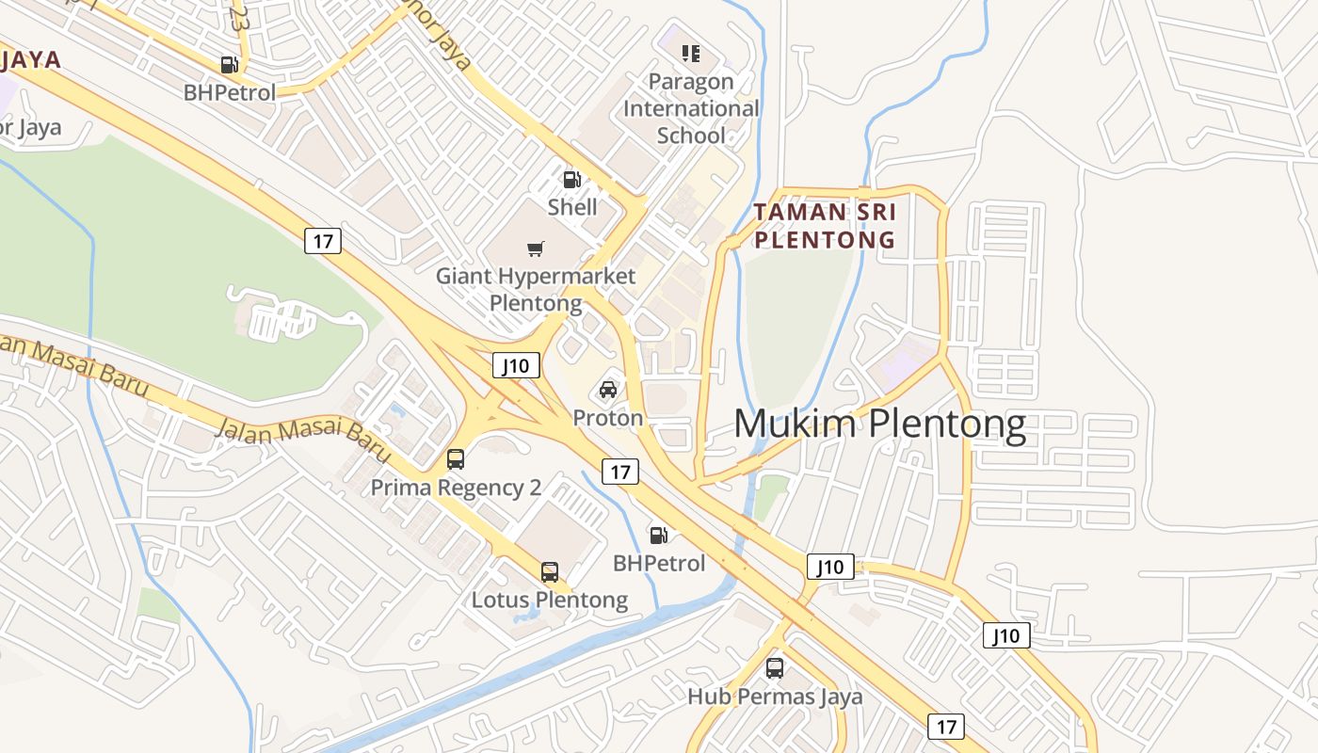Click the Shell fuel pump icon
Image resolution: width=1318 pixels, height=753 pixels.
tap(571, 180)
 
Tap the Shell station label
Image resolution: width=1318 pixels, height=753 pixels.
tap(572, 206)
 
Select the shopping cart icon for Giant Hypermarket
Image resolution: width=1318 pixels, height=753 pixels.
tap(535, 249)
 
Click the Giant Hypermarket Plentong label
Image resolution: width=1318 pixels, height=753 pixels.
tap(535, 290)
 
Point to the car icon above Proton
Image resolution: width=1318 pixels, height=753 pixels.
tap(608, 390)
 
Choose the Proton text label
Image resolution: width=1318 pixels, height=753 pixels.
tap(608, 418)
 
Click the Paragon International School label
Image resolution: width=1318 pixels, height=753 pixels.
tap(691, 108)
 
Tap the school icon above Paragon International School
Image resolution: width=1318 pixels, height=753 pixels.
tap(691, 54)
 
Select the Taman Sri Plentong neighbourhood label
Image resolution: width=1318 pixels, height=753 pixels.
tap(825, 225)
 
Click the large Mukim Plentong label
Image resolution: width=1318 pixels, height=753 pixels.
tap(879, 424)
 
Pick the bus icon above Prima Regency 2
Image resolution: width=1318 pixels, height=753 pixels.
tap(456, 459)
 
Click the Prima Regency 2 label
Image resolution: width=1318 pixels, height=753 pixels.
tap(456, 488)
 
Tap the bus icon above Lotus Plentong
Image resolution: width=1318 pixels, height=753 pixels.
tap(550, 571)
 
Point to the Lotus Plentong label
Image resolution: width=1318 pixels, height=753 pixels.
tap(550, 600)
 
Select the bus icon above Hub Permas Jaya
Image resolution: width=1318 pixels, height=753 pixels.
tap(775, 668)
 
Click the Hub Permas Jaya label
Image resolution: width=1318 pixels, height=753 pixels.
tap(775, 697)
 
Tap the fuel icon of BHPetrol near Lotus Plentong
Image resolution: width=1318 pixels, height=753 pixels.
tap(659, 536)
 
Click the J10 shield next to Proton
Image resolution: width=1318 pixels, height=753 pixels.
tap(516, 365)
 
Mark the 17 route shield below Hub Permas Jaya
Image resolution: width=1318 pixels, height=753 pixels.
tap(946, 727)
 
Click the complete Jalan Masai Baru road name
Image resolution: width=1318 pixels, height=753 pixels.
tap(303, 441)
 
